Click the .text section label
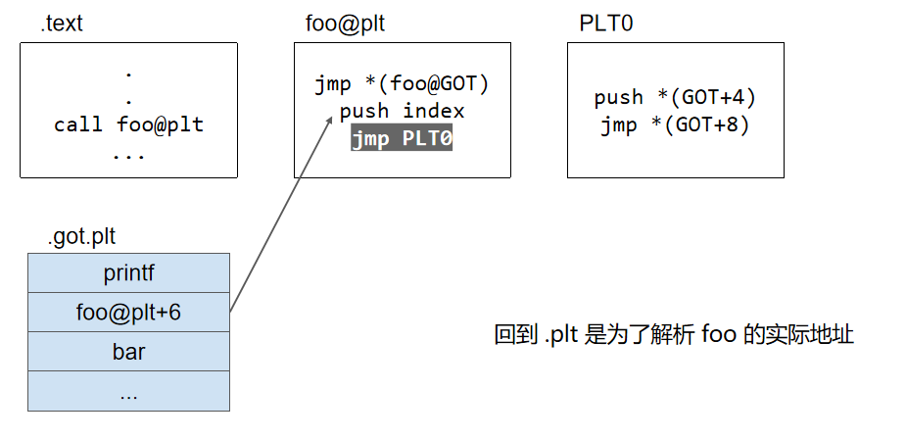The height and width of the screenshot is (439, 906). pyautogui.click(x=62, y=24)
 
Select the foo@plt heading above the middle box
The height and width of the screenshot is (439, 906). pyautogui.click(x=339, y=24)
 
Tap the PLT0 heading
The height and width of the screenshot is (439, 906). pyautogui.click(x=606, y=24)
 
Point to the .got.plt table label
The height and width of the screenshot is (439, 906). pyautogui.click(x=81, y=237)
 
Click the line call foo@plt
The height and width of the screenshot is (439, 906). pyautogui.click(x=128, y=125)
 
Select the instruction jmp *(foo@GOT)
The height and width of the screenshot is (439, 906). pyautogui.click(x=402, y=84)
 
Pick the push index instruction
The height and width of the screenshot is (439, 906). pyautogui.click(x=402, y=112)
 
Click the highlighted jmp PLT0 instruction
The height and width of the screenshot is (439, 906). pyautogui.click(x=402, y=139)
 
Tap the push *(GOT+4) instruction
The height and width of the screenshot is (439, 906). pyautogui.click(x=675, y=98)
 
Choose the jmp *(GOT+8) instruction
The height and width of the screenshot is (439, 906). pyautogui.click(x=675, y=125)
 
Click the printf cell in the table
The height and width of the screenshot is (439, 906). pyautogui.click(x=128, y=272)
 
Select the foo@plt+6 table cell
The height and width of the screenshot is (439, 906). pyautogui.click(x=128, y=313)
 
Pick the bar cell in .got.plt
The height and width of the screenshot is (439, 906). pyautogui.click(x=128, y=352)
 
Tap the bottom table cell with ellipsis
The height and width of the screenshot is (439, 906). pyautogui.click(x=128, y=392)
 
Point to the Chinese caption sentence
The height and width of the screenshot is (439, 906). pyautogui.click(x=674, y=335)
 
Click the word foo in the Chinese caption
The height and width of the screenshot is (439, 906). pyautogui.click(x=718, y=335)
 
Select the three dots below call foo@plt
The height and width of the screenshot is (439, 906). pyautogui.click(x=128, y=154)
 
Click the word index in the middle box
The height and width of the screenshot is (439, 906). pyautogui.click(x=434, y=112)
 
